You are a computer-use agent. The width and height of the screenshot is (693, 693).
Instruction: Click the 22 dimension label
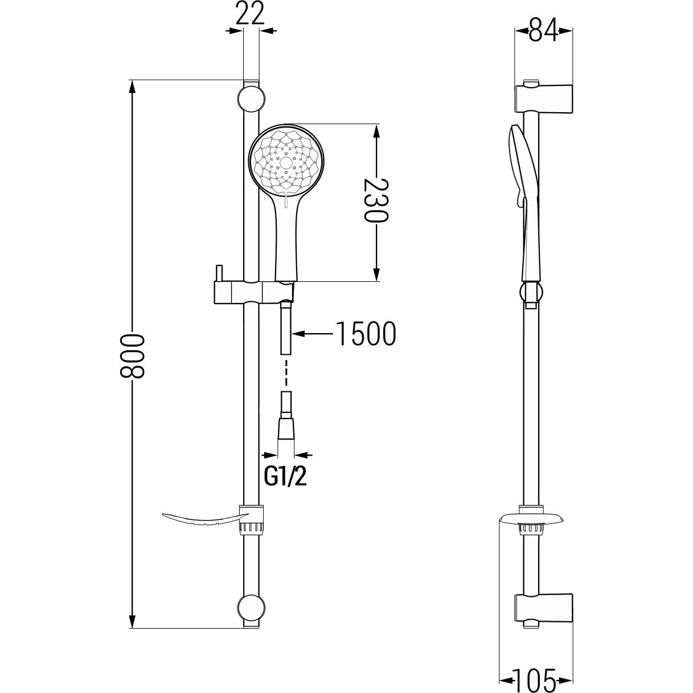coord(251,13)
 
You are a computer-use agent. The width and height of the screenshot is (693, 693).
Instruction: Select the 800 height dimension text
coord(132,356)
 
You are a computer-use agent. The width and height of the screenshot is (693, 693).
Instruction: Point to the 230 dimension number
coord(376,200)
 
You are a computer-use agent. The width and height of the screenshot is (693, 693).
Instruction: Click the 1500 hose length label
coord(366,334)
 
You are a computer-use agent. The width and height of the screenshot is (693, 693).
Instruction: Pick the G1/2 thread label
coord(285,477)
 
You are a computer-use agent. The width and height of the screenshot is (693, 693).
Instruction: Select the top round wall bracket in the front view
coord(251,98)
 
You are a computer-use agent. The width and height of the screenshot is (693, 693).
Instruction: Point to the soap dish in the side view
coord(531,519)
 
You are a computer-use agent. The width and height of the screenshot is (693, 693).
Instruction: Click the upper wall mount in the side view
coord(544,99)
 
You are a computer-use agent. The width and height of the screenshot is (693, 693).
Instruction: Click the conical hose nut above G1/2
coord(286,429)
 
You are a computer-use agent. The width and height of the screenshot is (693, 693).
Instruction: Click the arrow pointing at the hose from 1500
coord(312,334)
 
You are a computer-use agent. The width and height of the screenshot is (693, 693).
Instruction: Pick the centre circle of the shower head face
coord(286,162)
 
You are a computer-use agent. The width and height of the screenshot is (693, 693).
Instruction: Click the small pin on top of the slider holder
coord(219,274)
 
